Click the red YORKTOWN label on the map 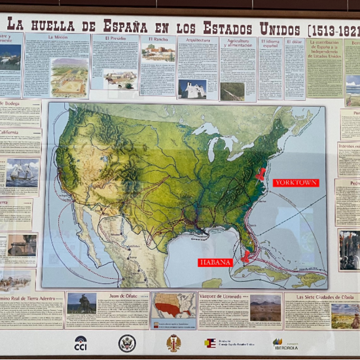296,183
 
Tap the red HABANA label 215,262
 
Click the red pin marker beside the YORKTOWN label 262,174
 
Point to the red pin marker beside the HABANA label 246,255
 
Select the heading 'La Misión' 57,37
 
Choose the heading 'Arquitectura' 198,39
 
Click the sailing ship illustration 24,173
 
